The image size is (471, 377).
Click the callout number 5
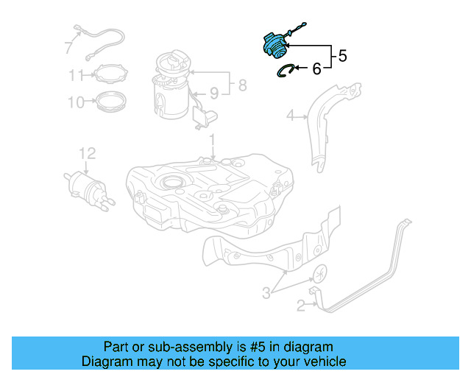pyautogui.click(x=343, y=55)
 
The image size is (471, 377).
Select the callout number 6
pyautogui.click(x=316, y=70)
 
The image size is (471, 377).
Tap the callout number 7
pyautogui.click(x=68, y=49)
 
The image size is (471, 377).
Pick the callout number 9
pyautogui.click(x=214, y=93)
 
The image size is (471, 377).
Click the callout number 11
pyautogui.click(x=77, y=75)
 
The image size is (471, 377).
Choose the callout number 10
pyautogui.click(x=77, y=102)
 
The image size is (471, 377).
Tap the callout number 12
pyautogui.click(x=87, y=153)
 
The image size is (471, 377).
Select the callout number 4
pyautogui.click(x=290, y=115)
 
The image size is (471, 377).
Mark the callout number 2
pyautogui.click(x=300, y=305)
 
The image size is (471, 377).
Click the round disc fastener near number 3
pyautogui.click(x=320, y=275)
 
